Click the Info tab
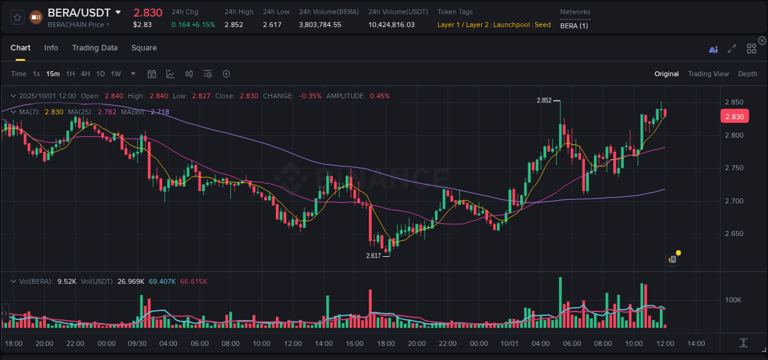[x=51, y=48]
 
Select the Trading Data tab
[x=95, y=48]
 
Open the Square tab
[x=144, y=48]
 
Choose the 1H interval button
[x=71, y=74]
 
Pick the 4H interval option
[x=85, y=74]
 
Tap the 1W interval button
[x=116, y=74]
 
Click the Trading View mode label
[x=708, y=74]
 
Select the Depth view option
[x=748, y=74]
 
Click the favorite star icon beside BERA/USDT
[x=17, y=17]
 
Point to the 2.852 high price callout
[x=544, y=100]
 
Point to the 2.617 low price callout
[x=374, y=256]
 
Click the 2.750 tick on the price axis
[x=734, y=168]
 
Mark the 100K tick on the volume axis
[x=733, y=300]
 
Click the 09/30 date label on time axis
[x=137, y=343]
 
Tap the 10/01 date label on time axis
[x=510, y=343]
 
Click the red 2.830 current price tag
[x=734, y=117]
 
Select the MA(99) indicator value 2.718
[x=160, y=112]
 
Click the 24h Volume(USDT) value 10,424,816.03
[x=391, y=25]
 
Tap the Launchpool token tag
[x=512, y=25]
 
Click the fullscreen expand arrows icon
[x=732, y=49]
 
